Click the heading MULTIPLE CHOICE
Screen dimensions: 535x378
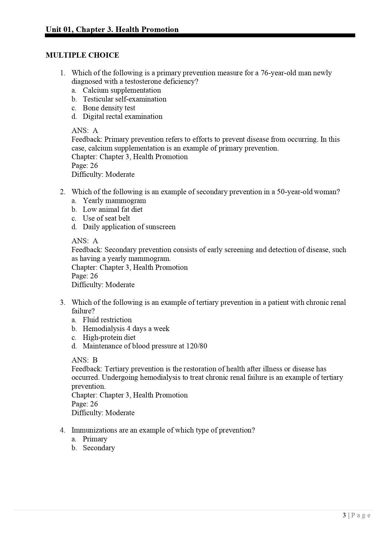[x=82, y=55]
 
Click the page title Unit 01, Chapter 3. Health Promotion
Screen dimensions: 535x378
[x=112, y=30]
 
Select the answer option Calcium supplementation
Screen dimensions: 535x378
[x=122, y=90]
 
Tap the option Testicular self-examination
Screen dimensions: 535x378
[x=124, y=99]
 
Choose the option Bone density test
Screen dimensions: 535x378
[x=109, y=108]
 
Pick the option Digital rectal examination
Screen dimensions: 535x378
[x=122, y=116]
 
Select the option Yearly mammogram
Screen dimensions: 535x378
[x=114, y=201]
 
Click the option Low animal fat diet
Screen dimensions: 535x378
[x=112, y=209]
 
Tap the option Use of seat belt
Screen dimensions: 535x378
[x=106, y=218]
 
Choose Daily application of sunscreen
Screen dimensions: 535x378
[x=129, y=227]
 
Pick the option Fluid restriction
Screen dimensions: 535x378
[x=107, y=320]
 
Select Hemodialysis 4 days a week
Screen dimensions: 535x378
[x=126, y=329]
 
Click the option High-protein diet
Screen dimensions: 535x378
[x=109, y=337]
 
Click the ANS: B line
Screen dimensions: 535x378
[x=84, y=360]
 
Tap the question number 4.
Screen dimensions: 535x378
[x=62, y=430]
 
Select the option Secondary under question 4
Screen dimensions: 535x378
[x=99, y=448]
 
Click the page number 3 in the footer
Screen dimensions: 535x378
[x=344, y=515]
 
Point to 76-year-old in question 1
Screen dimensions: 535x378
[x=278, y=73]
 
